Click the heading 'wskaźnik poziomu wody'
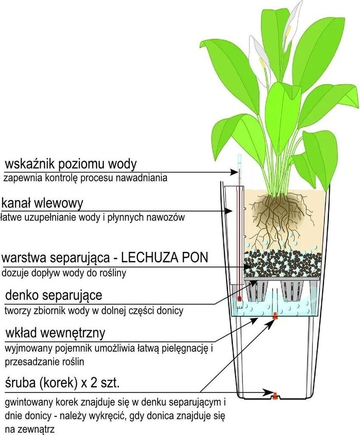tap(70, 164)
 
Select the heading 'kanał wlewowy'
tap(42, 203)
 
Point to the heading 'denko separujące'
tap(53, 294)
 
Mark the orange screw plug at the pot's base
tap(275, 396)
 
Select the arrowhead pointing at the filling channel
tap(229, 210)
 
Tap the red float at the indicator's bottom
tap(240, 299)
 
